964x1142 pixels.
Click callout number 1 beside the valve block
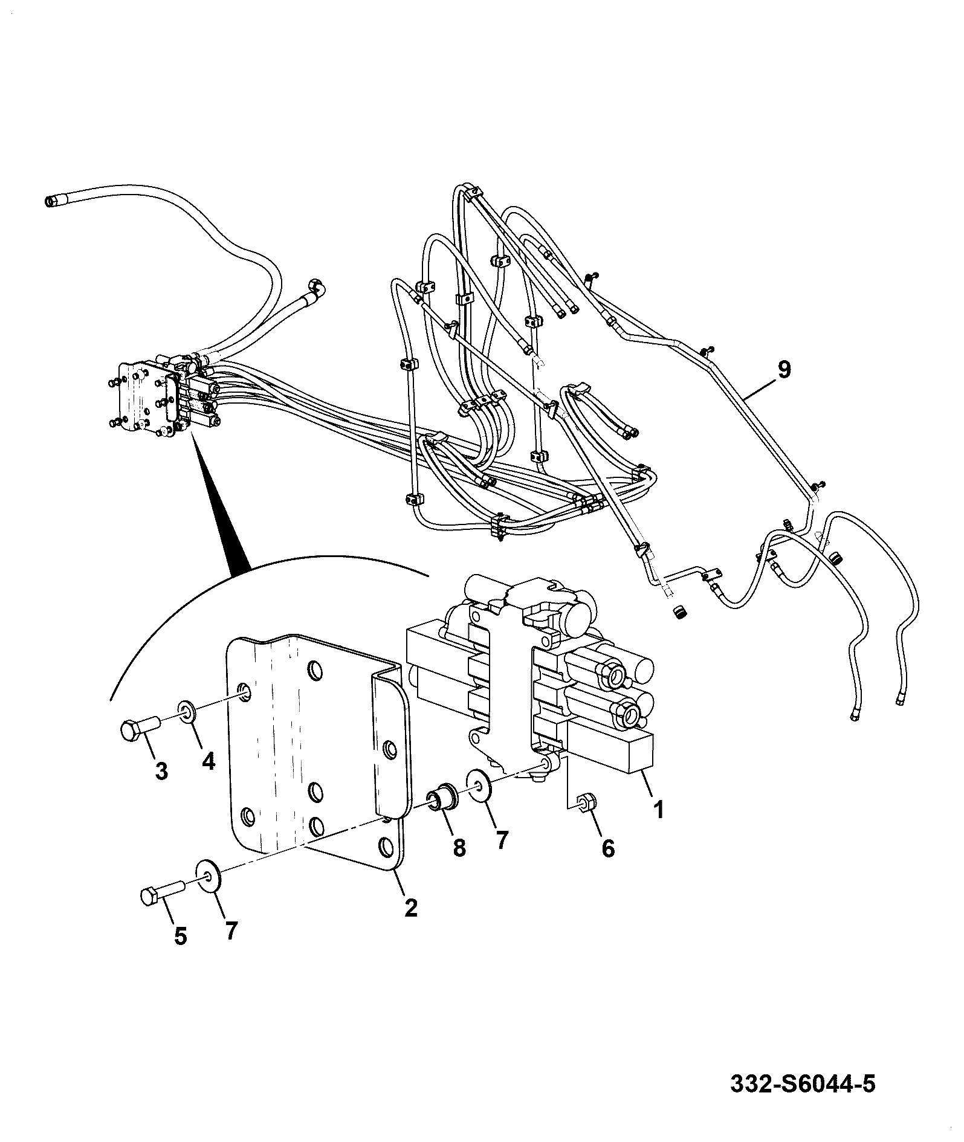click(658, 808)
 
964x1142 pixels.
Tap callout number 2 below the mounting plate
click(410, 924)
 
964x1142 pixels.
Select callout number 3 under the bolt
click(161, 771)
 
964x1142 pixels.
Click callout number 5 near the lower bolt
click(180, 954)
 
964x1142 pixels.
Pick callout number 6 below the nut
click(608, 848)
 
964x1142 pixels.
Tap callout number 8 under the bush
click(459, 847)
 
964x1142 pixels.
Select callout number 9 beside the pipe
click(784, 369)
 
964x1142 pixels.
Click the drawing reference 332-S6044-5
click(803, 1085)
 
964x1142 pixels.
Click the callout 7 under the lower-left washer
click(231, 947)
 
